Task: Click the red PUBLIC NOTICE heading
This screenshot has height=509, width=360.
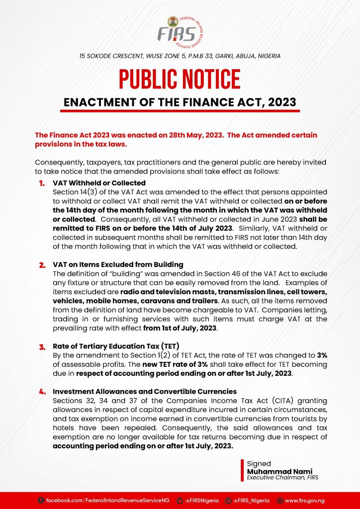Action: pos(180,80)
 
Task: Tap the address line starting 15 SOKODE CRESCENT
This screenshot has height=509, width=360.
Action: pos(180,56)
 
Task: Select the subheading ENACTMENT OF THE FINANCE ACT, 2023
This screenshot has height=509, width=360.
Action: pos(180,102)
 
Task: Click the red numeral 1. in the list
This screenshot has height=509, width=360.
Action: pos(42,183)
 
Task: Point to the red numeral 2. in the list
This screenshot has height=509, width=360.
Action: pos(42,265)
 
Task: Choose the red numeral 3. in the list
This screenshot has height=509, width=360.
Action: pos(42,346)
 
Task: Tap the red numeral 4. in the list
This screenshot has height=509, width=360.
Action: pos(42,392)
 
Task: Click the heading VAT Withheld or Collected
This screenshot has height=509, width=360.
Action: pos(99,183)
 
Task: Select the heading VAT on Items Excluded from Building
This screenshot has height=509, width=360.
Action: pos(118,265)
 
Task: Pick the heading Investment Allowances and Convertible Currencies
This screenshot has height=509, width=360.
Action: pos(145,392)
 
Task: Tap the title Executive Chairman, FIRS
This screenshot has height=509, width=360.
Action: pos(282,478)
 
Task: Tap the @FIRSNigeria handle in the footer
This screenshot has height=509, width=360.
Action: pos(201,501)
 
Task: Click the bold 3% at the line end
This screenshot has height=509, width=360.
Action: pos(322,355)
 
